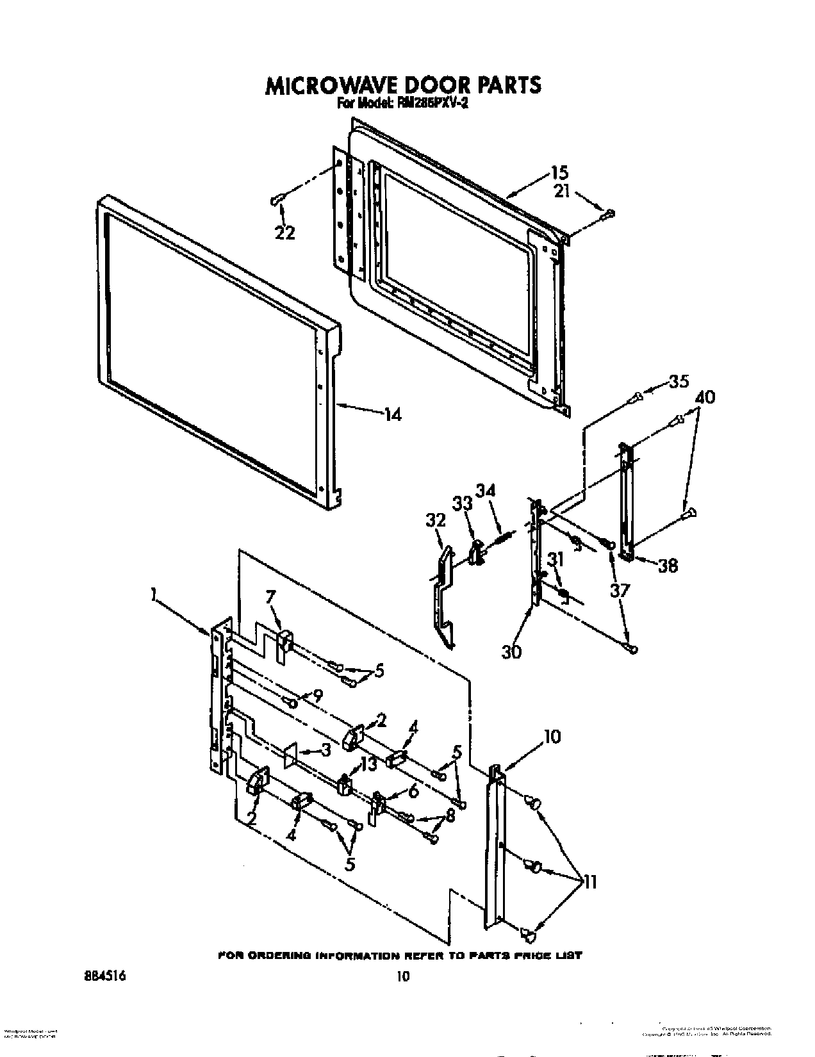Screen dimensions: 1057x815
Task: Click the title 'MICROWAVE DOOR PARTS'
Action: pyautogui.click(x=403, y=85)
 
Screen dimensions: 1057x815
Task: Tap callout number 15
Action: pyautogui.click(x=559, y=172)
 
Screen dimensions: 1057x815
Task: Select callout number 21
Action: pyautogui.click(x=562, y=191)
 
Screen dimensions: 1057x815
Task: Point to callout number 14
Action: pyautogui.click(x=392, y=415)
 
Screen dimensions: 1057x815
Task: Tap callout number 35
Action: pyautogui.click(x=678, y=381)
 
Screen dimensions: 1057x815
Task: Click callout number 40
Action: pyautogui.click(x=704, y=397)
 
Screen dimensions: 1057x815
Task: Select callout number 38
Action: pyautogui.click(x=668, y=566)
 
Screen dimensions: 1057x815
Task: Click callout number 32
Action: pyautogui.click(x=435, y=520)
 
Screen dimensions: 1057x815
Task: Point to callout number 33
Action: pyautogui.click(x=462, y=504)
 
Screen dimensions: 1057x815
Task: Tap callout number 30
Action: pyautogui.click(x=512, y=652)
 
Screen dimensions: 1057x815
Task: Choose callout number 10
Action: pyautogui.click(x=552, y=737)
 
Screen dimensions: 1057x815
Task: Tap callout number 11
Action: pyautogui.click(x=589, y=882)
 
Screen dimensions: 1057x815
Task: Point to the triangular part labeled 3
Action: pyautogui.click(x=290, y=755)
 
